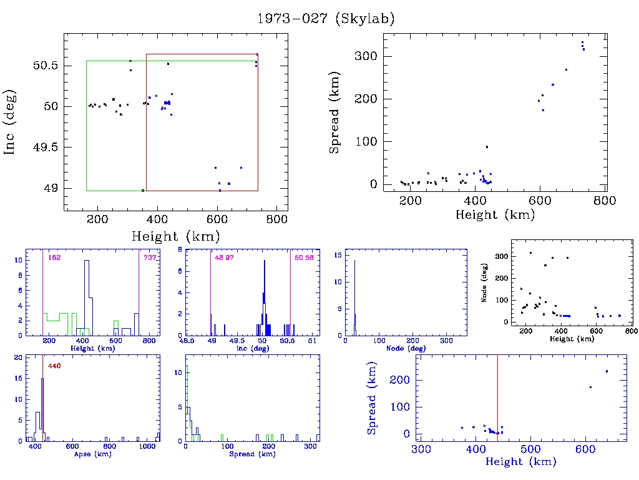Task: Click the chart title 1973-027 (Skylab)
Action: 326,19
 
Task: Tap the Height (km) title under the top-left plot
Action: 175,236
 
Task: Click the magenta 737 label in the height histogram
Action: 150,258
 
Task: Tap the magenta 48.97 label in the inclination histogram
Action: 223,258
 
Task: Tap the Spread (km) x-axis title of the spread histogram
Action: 253,454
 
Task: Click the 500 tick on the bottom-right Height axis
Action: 530,449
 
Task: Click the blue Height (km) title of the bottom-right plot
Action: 520,462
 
